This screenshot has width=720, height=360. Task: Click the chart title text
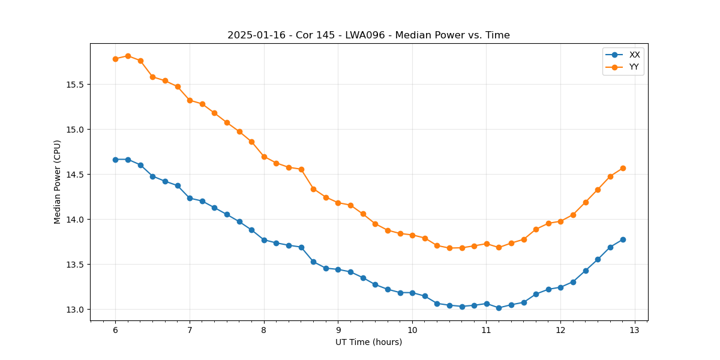(368, 35)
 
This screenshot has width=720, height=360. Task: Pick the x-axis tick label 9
(338, 331)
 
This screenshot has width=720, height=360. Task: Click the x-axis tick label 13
(635, 331)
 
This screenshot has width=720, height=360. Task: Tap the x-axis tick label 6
(115, 331)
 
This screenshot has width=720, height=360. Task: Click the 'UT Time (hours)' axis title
(368, 342)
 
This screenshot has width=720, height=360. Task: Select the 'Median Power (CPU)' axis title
(58, 182)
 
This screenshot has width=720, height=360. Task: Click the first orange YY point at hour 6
(115, 59)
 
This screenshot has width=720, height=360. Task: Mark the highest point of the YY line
(128, 56)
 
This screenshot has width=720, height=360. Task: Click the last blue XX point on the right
(623, 239)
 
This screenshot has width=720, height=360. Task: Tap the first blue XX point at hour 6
(115, 160)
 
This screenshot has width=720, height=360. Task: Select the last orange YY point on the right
(623, 168)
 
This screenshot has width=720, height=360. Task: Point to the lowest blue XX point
(499, 308)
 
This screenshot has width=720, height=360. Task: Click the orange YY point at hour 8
(264, 157)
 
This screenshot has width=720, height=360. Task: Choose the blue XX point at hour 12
(560, 287)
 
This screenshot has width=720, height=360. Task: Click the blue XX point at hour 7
(190, 198)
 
